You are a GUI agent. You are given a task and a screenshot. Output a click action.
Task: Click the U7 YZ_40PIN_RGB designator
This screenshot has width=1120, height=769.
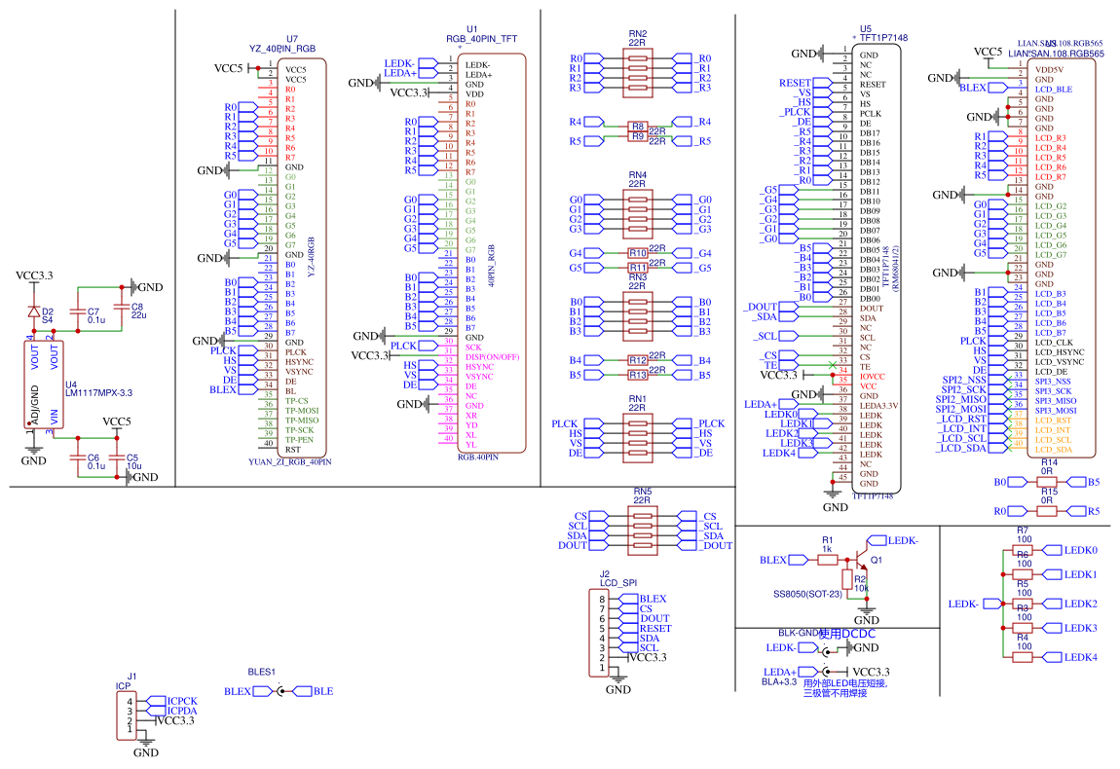[282, 48]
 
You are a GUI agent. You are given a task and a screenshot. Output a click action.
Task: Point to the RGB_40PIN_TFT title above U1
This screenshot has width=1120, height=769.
[481, 39]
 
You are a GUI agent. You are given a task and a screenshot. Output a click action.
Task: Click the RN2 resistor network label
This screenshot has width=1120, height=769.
[638, 33]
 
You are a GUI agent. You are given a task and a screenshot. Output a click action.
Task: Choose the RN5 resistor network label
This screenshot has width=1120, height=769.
[643, 492]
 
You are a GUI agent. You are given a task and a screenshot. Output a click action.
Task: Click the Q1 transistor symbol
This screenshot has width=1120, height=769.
[862, 559]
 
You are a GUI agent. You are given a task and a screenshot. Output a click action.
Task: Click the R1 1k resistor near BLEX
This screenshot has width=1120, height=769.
[826, 560]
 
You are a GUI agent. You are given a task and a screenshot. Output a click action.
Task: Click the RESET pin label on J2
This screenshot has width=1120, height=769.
[654, 628]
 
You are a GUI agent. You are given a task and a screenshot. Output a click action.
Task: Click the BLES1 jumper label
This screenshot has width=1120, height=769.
[262, 672]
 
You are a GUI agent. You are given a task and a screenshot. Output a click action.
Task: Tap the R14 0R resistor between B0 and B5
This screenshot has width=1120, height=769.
[1048, 482]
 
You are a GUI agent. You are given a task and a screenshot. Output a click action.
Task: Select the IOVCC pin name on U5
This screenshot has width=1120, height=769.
[873, 376]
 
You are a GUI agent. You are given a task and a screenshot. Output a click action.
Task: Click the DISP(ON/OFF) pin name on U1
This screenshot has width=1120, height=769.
[493, 357]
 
